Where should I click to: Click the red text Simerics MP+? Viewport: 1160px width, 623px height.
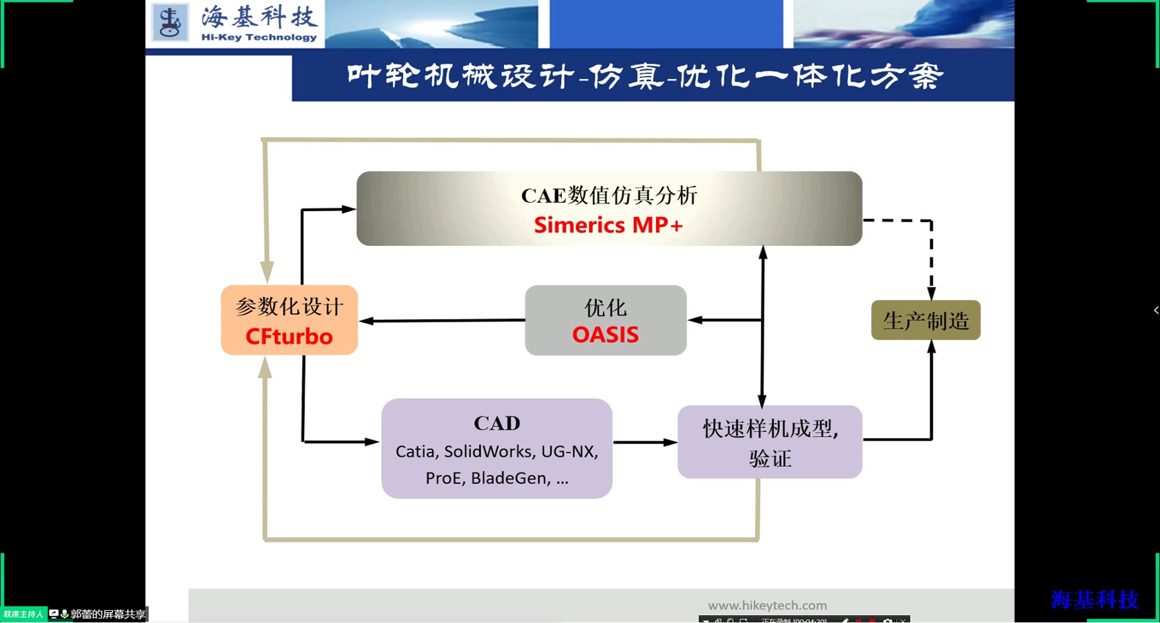tap(608, 225)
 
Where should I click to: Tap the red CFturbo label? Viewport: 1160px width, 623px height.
tap(289, 336)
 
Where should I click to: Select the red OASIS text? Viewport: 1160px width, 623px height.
tap(606, 335)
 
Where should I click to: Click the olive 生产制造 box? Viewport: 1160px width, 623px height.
tap(925, 320)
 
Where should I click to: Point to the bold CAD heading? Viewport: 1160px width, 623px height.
tap(497, 423)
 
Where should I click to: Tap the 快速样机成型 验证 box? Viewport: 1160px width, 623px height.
tap(770, 442)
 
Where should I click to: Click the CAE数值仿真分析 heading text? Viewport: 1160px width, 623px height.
tap(609, 195)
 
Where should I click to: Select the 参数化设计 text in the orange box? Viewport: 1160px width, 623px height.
tap(289, 307)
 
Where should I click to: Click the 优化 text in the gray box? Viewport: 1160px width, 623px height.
tap(606, 308)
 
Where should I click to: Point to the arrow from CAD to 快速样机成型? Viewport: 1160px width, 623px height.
tap(644, 442)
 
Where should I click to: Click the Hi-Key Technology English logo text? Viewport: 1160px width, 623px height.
tap(259, 37)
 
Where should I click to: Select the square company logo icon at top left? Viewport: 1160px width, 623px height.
tap(170, 23)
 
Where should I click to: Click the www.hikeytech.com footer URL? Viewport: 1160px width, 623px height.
tap(767, 605)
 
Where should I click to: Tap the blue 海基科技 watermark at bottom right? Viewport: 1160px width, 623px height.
tap(1094, 599)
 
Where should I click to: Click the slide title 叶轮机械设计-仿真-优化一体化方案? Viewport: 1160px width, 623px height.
tap(644, 77)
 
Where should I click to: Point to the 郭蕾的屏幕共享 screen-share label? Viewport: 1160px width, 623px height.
tap(108, 614)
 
